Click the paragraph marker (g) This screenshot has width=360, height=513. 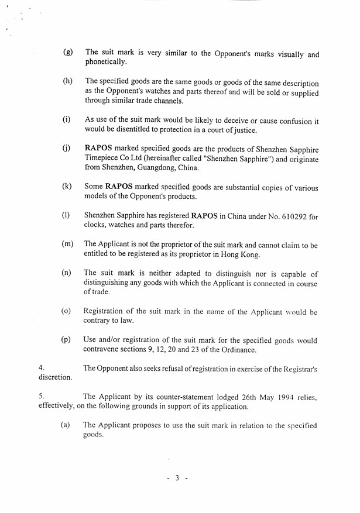(68, 52)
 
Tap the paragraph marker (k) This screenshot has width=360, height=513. (67, 187)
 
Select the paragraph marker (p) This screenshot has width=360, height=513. (67, 340)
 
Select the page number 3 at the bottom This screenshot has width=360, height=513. (176, 478)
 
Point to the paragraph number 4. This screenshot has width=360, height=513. (41, 368)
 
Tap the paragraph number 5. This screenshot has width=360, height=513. (41, 397)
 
